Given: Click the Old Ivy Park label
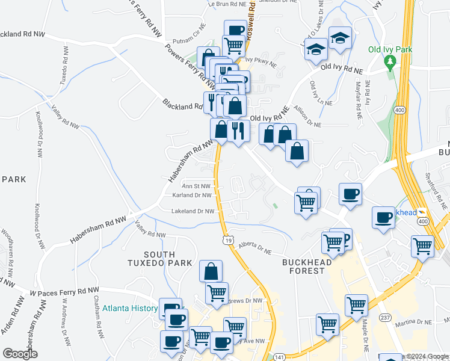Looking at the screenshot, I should (x=391, y=48).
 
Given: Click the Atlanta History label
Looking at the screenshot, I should (x=129, y=309).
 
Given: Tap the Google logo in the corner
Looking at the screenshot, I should (x=20, y=354).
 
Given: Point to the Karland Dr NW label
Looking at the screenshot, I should (x=192, y=196).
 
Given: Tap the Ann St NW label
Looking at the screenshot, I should (x=197, y=186).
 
